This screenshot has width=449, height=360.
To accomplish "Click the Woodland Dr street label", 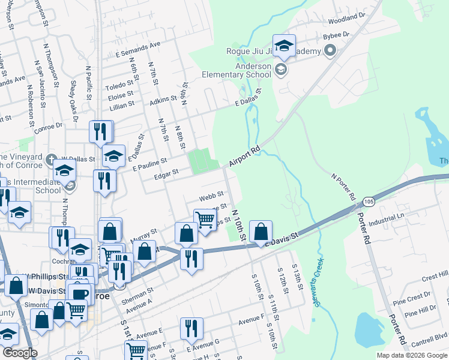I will (346, 18).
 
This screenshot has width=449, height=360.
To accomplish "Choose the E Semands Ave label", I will (138, 46).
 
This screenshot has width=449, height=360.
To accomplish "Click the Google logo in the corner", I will (20, 353).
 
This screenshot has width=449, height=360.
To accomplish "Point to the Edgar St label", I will (167, 173).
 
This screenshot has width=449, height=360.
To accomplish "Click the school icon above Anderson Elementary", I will (284, 46).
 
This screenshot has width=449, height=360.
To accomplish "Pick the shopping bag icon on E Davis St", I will (261, 232).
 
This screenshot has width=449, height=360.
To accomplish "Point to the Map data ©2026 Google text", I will (412, 355).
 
